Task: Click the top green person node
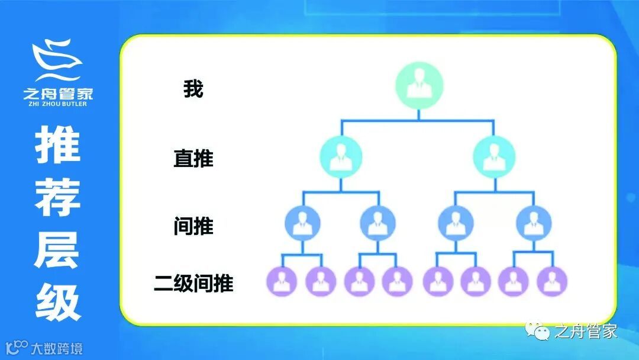[x=418, y=88]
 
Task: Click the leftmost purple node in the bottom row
[x=282, y=281]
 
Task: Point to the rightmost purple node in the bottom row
[x=552, y=281]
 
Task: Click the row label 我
[x=193, y=89]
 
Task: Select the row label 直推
[x=193, y=158]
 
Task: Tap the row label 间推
[x=193, y=226]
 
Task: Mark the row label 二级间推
[x=193, y=283]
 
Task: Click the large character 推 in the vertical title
[x=57, y=146]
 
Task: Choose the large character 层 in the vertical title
[x=57, y=250]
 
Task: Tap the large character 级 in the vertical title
[x=57, y=302]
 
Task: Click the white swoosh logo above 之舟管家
[x=57, y=60]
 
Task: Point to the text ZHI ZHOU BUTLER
[x=57, y=104]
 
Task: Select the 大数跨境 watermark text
[x=57, y=348]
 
